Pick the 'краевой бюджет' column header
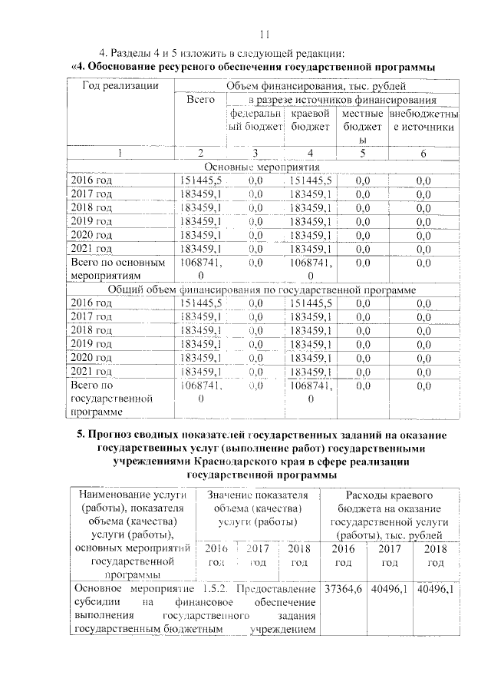click(310, 120)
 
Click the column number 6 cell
click(423, 152)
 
